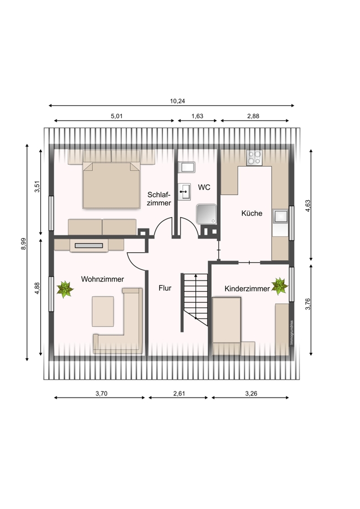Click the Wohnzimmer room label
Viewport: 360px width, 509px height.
click(102, 279)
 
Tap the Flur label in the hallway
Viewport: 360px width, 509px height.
click(165, 288)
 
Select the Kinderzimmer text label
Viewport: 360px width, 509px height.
click(247, 288)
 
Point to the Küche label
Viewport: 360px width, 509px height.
click(252, 213)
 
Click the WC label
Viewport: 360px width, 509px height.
click(204, 187)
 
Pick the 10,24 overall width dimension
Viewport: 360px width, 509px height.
click(177, 101)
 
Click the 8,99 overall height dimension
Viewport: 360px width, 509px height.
click(23, 244)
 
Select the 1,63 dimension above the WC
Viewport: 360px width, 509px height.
click(197, 116)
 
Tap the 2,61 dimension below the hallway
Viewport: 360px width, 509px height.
click(179, 394)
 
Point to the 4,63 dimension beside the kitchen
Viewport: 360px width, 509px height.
click(308, 206)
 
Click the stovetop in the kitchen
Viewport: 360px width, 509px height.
click(254, 158)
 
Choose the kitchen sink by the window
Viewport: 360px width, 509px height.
click(280, 216)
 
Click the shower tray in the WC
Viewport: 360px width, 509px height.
click(206, 214)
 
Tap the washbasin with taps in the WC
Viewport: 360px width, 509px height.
click(184, 192)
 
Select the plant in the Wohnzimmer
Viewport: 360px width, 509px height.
click(65, 289)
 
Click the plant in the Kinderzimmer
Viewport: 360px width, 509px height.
click(280, 286)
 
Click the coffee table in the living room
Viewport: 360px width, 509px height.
click(102, 311)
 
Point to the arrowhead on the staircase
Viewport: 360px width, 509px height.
click(196, 276)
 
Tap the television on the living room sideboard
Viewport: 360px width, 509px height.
click(89, 246)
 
